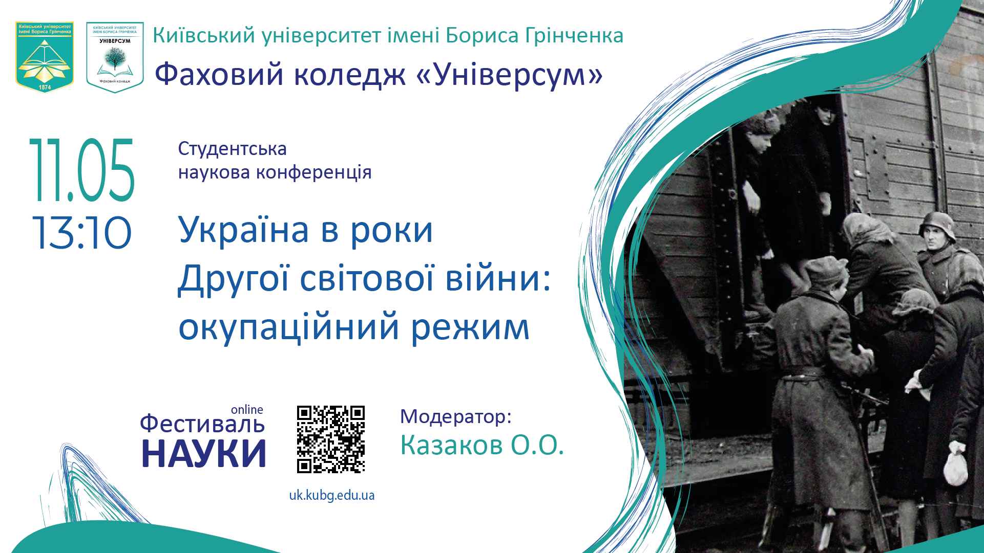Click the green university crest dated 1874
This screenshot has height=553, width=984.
(x=45, y=56)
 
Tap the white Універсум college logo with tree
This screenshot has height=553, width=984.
(x=115, y=57)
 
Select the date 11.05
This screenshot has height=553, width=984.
(x=82, y=170)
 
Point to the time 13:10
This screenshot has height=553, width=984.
(x=82, y=233)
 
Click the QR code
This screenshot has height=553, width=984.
(x=331, y=439)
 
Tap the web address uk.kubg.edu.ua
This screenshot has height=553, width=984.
(x=332, y=495)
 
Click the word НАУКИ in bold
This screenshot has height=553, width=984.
(x=204, y=454)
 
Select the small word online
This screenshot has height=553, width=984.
(x=247, y=410)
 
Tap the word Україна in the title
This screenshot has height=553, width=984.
(x=243, y=230)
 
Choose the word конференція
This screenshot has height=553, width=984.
(x=313, y=173)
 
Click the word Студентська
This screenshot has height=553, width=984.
(x=232, y=149)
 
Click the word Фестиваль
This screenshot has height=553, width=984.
(x=202, y=424)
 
